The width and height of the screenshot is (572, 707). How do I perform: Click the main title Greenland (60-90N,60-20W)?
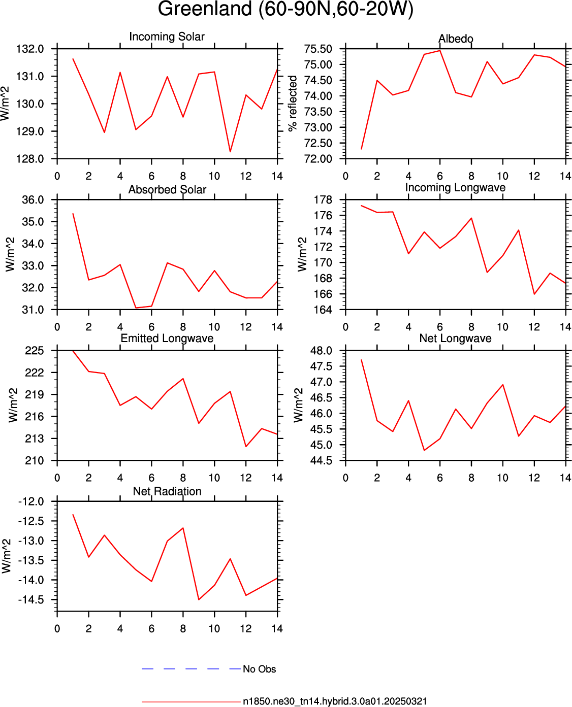click(285, 9)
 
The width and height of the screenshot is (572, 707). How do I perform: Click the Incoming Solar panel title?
click(167, 37)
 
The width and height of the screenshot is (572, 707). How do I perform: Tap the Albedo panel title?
click(456, 39)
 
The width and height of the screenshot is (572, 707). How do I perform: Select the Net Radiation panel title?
click(167, 491)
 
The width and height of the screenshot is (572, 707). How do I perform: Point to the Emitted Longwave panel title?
click(167, 338)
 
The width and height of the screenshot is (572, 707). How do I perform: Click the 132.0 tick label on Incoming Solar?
click(30, 49)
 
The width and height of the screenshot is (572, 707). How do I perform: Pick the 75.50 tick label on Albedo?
click(318, 49)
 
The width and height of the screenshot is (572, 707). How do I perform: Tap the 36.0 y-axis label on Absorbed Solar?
click(33, 200)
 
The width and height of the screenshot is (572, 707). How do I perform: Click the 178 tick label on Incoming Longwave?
click(323, 200)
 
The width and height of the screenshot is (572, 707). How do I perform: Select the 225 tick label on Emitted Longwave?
click(35, 351)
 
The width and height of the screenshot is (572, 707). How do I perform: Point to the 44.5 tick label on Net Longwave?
click(321, 461)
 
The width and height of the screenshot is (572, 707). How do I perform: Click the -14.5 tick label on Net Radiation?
click(31, 600)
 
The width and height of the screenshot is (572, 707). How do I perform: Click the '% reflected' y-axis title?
click(292, 103)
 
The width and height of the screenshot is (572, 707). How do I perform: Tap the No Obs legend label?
click(260, 669)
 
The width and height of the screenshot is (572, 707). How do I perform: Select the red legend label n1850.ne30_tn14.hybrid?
click(335, 701)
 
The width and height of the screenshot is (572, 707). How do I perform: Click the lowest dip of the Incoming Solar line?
click(230, 152)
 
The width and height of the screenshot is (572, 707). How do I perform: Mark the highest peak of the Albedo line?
click(440, 50)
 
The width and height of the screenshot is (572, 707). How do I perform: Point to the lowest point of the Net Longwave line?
click(424, 450)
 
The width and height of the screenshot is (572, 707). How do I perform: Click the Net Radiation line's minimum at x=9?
click(199, 600)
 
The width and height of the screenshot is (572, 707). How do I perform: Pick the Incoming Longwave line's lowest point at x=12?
click(534, 294)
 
